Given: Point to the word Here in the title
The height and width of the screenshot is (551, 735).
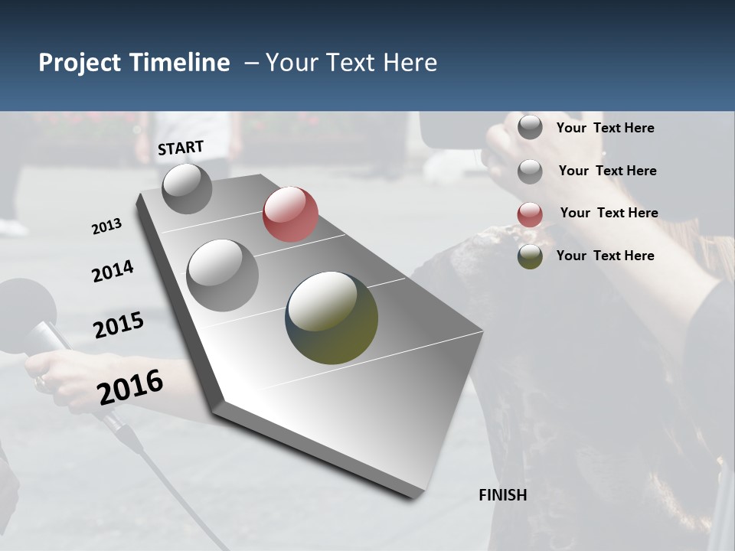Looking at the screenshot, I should pyautogui.click(x=410, y=63).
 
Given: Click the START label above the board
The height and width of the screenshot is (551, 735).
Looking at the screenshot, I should pyautogui.click(x=181, y=148).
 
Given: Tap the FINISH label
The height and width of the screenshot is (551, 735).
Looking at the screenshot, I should pyautogui.click(x=502, y=495).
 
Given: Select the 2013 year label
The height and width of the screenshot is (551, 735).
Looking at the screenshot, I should pyautogui.click(x=106, y=227).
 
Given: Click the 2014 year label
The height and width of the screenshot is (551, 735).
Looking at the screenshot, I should pyautogui.click(x=113, y=271).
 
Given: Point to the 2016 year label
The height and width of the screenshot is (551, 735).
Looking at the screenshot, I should pyautogui.click(x=130, y=387).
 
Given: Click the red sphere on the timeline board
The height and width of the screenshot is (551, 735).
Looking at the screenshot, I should pyautogui.click(x=290, y=214).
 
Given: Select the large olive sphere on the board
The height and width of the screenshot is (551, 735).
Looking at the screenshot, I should pyautogui.click(x=332, y=318).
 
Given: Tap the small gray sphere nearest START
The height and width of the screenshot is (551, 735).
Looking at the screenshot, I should pyautogui.click(x=187, y=188).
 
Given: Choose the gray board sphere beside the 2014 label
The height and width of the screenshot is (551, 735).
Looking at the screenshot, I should pyautogui.click(x=222, y=275).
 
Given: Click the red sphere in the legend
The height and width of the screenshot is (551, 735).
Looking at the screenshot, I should pyautogui.click(x=530, y=214).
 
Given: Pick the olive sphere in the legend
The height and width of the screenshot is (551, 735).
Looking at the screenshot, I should pyautogui.click(x=530, y=256).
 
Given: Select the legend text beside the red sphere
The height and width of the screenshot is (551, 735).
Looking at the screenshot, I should pyautogui.click(x=609, y=213).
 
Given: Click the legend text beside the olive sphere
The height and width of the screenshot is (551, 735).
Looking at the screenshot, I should pyautogui.click(x=605, y=256).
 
